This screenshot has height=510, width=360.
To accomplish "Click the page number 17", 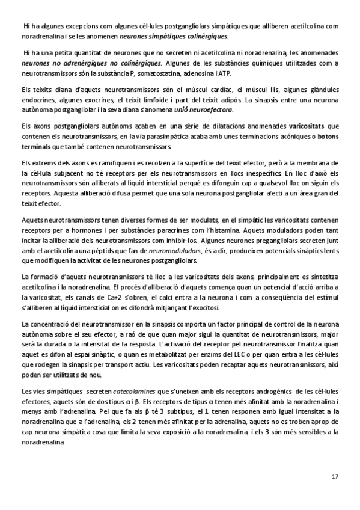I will point(335,476).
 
